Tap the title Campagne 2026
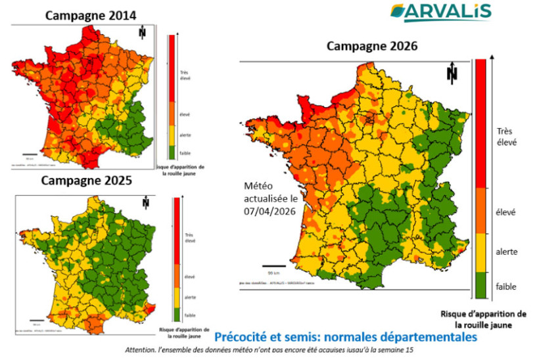tap(372, 46)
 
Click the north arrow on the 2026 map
tap(452, 74)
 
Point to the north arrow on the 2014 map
tap(142, 33)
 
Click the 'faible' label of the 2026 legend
tap(506, 286)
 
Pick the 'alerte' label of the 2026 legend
tap(506, 252)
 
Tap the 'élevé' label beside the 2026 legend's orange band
tap(506, 212)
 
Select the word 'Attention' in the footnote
tap(143, 350)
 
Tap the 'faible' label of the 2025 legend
tap(189, 315)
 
